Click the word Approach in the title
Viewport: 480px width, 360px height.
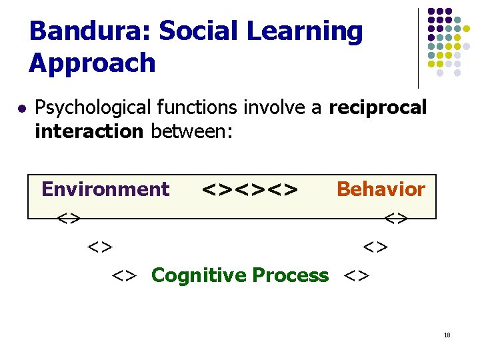pyautogui.click(x=92, y=64)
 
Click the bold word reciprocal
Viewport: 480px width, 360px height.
pyautogui.click(x=378, y=108)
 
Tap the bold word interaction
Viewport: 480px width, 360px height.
pyautogui.click(x=89, y=131)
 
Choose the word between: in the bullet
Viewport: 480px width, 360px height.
pyautogui.click(x=191, y=131)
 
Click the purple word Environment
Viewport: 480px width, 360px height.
pyautogui.click(x=105, y=189)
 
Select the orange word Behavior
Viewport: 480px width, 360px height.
pyautogui.click(x=381, y=189)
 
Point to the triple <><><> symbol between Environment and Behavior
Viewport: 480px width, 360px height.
pyautogui.click(x=249, y=190)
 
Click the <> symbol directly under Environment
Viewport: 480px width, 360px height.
pyautogui.click(x=69, y=218)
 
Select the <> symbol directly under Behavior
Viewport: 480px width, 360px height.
pyautogui.click(x=396, y=218)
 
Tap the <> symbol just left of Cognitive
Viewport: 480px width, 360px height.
pyautogui.click(x=125, y=275)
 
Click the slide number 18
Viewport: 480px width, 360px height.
pyautogui.click(x=447, y=335)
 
